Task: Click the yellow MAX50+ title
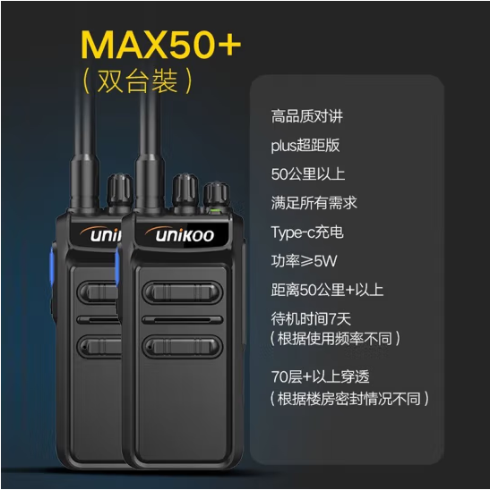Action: coord(161,45)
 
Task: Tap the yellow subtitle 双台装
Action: coord(138,80)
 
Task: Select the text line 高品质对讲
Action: coord(307,116)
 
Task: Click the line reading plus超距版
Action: coord(305,146)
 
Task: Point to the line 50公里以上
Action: coord(308,174)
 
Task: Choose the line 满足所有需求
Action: coord(314,203)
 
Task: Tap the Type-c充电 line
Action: coord(307,232)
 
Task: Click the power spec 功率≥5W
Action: coord(304,260)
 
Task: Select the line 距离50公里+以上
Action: coord(327,290)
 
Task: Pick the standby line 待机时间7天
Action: coord(311,318)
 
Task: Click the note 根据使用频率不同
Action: coord(335,338)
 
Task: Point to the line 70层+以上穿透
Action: coord(321,376)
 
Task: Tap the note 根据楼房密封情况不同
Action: coord(349,399)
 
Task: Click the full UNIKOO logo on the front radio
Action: coord(180,234)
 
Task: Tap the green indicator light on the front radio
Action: coord(214,210)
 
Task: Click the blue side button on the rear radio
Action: coord(52,267)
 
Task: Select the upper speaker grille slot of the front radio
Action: coord(183,292)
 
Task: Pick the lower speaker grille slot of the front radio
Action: coord(183,346)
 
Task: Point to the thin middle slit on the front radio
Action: coord(183,320)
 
